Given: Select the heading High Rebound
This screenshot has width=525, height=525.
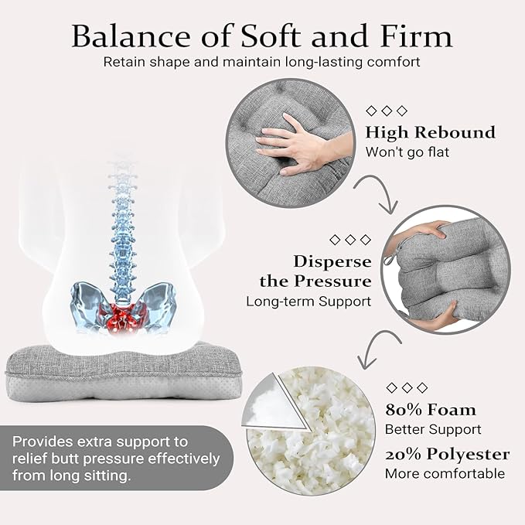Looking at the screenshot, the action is click(x=430, y=132).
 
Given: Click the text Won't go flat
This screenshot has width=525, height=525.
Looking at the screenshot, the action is click(x=407, y=152).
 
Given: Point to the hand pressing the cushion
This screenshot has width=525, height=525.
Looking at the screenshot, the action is click(x=302, y=144).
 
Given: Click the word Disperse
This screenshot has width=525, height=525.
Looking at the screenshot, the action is click(x=332, y=261).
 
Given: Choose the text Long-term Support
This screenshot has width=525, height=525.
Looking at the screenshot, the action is click(x=309, y=302).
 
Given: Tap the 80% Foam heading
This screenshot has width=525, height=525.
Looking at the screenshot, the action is click(x=430, y=410).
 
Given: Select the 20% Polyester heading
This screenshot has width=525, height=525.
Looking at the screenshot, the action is click(x=447, y=454).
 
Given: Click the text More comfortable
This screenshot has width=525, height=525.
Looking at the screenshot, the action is click(x=445, y=473).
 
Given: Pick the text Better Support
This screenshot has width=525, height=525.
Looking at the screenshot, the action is click(x=433, y=429).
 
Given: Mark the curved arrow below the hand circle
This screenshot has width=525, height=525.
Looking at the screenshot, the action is click(x=382, y=186).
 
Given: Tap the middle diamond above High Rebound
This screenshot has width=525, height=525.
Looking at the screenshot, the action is click(x=387, y=111).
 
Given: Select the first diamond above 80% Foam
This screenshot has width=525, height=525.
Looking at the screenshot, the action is click(x=391, y=387).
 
